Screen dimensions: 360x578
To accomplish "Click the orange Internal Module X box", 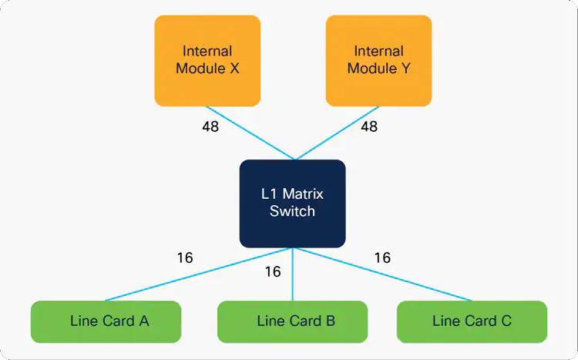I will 207,60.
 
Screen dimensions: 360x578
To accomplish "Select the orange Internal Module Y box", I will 378,60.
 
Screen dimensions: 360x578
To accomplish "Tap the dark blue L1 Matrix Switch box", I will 292,204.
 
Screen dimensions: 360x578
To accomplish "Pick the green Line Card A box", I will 106,321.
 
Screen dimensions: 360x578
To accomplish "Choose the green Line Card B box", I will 292,321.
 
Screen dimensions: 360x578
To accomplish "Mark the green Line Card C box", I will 472,321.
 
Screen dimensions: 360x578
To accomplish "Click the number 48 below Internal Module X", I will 210,126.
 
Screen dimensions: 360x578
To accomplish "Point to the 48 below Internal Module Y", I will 369,126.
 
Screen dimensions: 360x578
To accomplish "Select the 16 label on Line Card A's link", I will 185,258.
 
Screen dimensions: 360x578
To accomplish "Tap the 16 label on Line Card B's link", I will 273,272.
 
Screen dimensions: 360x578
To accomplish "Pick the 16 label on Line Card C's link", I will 382,258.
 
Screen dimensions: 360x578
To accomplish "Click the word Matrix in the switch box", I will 304,195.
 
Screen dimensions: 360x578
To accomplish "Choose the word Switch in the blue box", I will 292,211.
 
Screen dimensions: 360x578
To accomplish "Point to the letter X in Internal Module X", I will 234,68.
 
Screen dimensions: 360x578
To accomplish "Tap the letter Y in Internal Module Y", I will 405,68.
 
